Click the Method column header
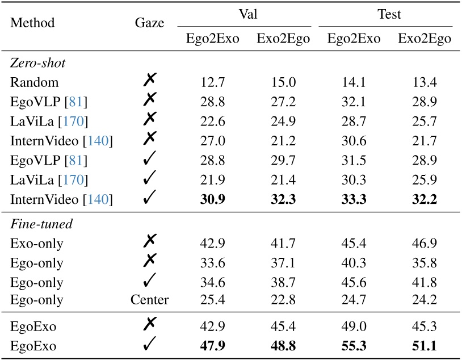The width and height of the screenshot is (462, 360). [x=32, y=23]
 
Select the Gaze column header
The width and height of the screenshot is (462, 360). [x=150, y=23]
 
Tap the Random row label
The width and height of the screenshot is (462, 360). [x=34, y=83]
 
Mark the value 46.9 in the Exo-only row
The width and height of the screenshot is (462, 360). [x=425, y=243]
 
